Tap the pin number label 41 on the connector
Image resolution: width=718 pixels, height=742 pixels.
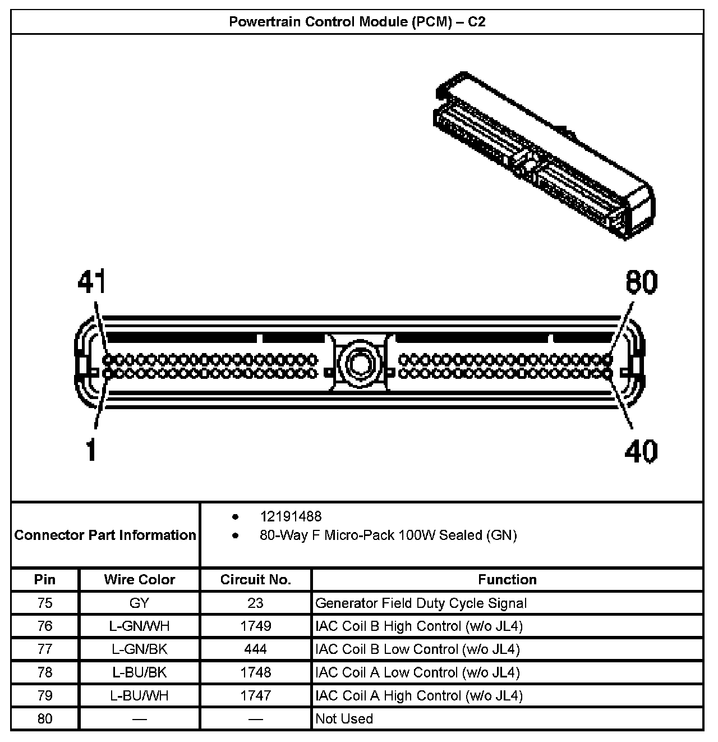pyautogui.click(x=91, y=282)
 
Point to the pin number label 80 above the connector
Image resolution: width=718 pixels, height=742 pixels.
pyautogui.click(x=641, y=282)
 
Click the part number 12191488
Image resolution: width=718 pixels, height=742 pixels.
pyautogui.click(x=291, y=516)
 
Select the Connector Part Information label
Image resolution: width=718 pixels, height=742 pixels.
pyautogui.click(x=105, y=535)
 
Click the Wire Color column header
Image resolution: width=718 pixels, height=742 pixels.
pyautogui.click(x=139, y=579)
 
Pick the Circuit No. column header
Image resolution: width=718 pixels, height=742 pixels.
pyautogui.click(x=255, y=579)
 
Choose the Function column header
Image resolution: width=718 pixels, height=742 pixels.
pyautogui.click(x=507, y=579)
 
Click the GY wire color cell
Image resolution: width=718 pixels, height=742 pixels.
pyautogui.click(x=139, y=603)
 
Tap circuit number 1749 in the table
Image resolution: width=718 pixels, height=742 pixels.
pyautogui.click(x=255, y=626)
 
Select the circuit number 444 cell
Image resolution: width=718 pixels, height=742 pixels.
pyautogui.click(x=255, y=649)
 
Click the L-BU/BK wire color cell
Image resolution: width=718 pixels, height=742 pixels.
pyautogui.click(x=139, y=672)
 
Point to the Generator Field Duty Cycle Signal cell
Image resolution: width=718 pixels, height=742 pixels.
pyautogui.click(x=421, y=603)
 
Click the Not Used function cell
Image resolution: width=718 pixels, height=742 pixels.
pyautogui.click(x=344, y=718)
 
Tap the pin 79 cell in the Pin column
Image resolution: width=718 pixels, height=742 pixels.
pyautogui.click(x=45, y=695)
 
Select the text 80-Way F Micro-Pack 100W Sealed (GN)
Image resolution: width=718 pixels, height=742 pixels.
pyautogui.click(x=388, y=535)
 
